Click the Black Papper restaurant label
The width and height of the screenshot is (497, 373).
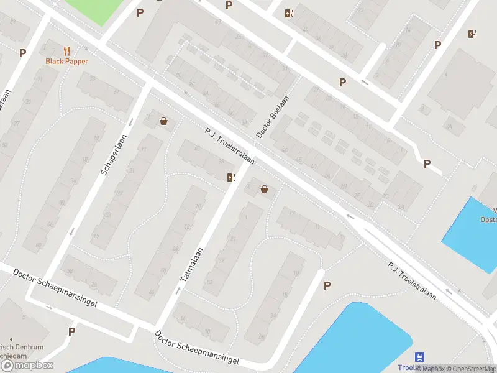point(66,61)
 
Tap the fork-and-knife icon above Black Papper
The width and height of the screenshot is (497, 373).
point(66,51)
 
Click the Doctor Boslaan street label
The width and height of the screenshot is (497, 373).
point(273,117)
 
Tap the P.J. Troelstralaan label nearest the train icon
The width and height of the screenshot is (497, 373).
point(412,280)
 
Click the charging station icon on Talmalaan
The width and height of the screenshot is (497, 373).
point(232,178)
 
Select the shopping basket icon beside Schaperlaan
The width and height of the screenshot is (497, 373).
point(163,121)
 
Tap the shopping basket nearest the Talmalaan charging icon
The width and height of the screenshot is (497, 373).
point(265,189)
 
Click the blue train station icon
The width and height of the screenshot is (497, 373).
point(421,357)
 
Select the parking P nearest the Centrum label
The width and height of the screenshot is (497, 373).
point(71,331)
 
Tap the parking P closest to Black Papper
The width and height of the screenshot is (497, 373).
point(23,53)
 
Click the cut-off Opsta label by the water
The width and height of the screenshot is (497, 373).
point(489,219)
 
